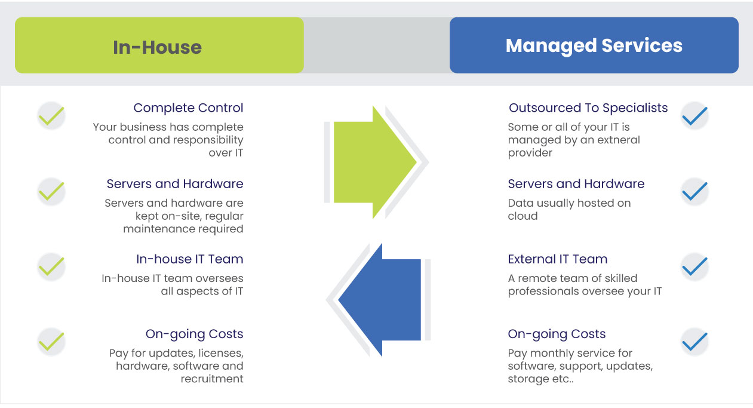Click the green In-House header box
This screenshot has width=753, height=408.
click(159, 45)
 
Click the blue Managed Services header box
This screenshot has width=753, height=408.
click(594, 45)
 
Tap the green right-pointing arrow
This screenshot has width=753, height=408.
click(373, 161)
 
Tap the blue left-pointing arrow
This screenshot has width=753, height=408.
click(380, 299)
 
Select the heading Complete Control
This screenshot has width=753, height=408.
click(188, 108)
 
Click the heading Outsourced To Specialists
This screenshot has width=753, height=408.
click(588, 108)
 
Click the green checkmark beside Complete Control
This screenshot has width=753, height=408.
click(51, 115)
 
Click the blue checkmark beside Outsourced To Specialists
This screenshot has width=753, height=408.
click(694, 115)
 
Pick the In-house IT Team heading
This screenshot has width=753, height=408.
click(189, 259)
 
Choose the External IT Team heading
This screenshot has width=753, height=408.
click(557, 259)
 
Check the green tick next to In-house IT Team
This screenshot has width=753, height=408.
click(51, 266)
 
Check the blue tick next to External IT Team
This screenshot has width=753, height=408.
click(694, 266)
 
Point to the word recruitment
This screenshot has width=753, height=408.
click(212, 379)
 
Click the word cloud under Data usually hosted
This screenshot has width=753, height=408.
click(523, 216)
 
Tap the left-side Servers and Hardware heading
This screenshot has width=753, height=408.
click(175, 184)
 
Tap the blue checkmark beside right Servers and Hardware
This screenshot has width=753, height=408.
click(694, 191)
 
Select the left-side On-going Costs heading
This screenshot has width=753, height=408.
click(194, 334)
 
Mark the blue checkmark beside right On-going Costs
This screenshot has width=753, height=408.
click(694, 342)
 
